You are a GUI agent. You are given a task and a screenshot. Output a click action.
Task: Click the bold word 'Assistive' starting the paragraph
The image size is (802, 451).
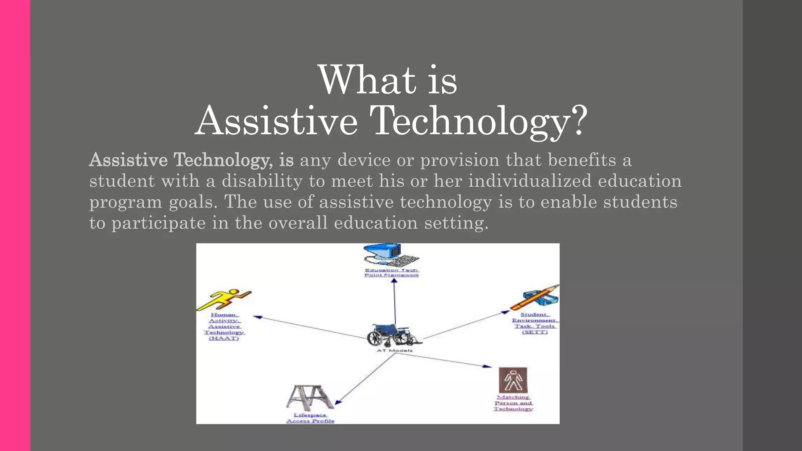(x=128, y=160)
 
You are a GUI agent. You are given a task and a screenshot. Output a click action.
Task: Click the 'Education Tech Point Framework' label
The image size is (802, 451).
(x=392, y=272)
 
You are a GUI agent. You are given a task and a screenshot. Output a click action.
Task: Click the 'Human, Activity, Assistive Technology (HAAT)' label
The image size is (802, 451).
(x=224, y=327)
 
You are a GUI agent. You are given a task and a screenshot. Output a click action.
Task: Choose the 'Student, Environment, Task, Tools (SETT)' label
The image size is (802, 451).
(x=535, y=323)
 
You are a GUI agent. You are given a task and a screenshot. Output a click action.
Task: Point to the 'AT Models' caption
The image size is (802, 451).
(x=394, y=350)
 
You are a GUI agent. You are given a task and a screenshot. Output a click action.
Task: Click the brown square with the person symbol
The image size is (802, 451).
(x=513, y=380)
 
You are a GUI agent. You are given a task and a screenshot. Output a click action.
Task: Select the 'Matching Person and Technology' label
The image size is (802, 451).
(x=513, y=403)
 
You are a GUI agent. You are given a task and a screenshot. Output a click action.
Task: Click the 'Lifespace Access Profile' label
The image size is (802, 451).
(x=310, y=418)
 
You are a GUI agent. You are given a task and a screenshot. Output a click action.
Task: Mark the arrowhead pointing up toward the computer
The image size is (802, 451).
(x=394, y=281)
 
